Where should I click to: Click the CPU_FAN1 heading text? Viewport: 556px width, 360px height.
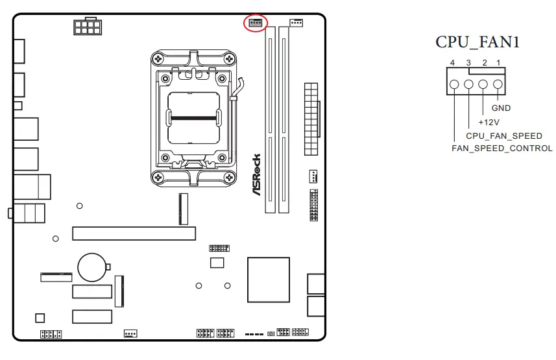(x=477, y=43)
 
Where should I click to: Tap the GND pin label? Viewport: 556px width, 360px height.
(x=501, y=108)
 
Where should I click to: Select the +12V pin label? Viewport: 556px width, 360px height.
(x=488, y=122)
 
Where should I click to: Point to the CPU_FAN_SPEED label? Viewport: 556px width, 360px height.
(x=504, y=136)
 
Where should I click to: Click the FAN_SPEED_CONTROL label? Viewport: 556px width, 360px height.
(x=502, y=149)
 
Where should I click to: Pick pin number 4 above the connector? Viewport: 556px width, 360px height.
(x=453, y=62)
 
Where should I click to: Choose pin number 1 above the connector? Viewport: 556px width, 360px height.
(x=498, y=62)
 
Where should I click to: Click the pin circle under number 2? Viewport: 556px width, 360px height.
(x=483, y=84)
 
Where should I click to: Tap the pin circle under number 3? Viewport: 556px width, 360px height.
(x=468, y=84)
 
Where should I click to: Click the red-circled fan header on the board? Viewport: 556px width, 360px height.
(x=255, y=23)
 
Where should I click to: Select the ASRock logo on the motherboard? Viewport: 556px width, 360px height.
(x=256, y=174)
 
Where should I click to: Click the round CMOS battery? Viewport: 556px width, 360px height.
(x=91, y=266)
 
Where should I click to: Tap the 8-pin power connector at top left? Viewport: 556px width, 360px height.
(x=87, y=27)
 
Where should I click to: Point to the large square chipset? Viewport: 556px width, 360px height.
(x=268, y=279)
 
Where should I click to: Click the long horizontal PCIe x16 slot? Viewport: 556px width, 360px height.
(x=134, y=233)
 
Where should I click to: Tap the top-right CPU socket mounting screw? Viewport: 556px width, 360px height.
(x=229, y=60)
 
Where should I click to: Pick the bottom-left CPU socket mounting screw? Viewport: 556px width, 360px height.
(x=157, y=176)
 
